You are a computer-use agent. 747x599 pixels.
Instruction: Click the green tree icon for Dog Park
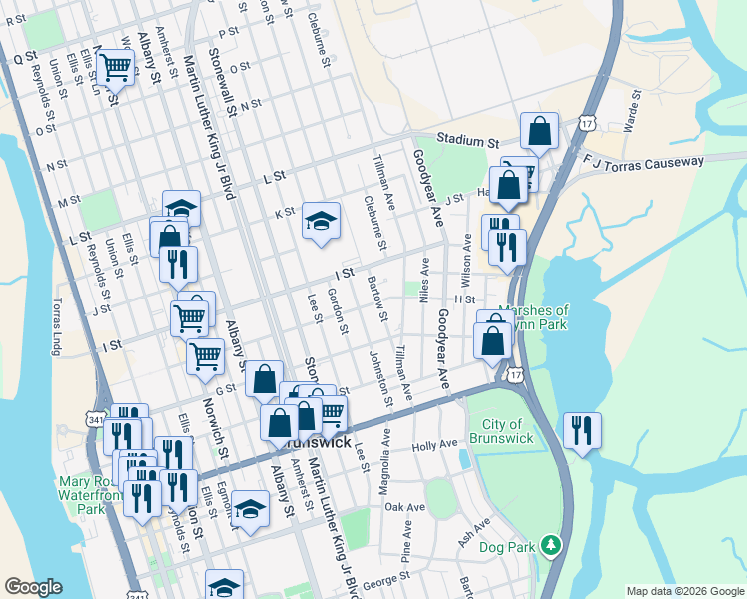548,545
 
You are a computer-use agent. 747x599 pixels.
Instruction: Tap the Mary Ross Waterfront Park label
84,494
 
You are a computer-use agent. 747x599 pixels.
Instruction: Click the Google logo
33,587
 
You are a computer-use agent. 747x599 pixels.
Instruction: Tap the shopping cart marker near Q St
115,68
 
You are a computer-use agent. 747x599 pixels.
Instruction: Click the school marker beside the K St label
321,221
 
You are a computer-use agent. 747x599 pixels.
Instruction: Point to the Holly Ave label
434,443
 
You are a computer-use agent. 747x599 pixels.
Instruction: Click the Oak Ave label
405,507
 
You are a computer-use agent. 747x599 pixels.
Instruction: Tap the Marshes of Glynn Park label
533,317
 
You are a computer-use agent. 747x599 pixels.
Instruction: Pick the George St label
386,577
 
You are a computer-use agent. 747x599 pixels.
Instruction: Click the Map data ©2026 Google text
685,591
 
